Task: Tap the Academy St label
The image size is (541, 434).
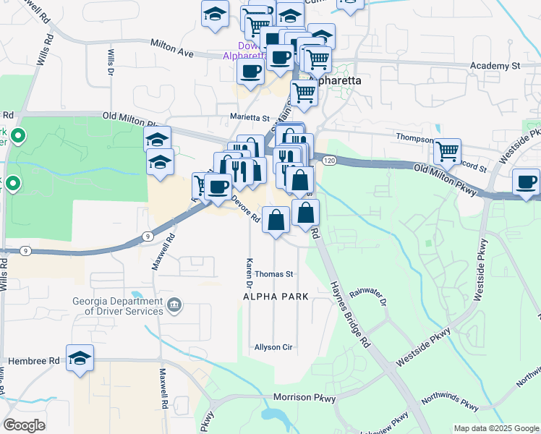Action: pos(495,66)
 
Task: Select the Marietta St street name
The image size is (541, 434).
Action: pos(250,117)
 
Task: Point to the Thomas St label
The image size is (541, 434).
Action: pos(273,274)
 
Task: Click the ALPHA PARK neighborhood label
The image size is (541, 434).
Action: pos(276,297)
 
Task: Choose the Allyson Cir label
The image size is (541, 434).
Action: pos(273,347)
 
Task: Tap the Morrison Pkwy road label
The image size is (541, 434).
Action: pos(304,398)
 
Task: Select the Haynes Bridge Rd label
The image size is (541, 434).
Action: pos(350,315)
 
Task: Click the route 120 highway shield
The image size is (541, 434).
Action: pos(329,160)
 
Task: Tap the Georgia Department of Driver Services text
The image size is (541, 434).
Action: pos(118,306)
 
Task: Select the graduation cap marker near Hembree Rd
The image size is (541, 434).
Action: pos(80,357)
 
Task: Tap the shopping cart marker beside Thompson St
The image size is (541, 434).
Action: pos(448,151)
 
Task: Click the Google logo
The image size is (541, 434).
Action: pos(24,425)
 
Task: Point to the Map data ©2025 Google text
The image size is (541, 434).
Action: pos(495,427)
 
